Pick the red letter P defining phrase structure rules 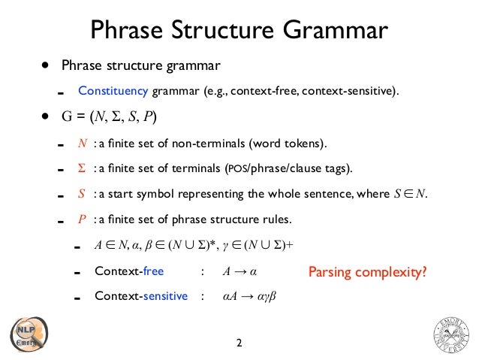[83, 220]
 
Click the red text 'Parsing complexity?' [368, 271]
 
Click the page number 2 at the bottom [239, 343]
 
